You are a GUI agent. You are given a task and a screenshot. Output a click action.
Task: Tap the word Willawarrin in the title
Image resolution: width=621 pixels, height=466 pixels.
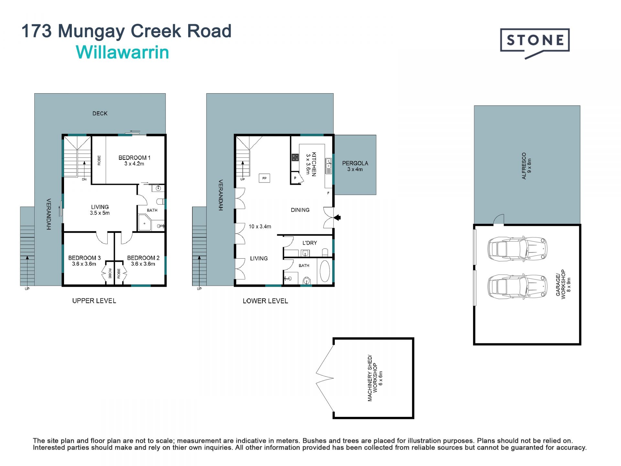coord(123,52)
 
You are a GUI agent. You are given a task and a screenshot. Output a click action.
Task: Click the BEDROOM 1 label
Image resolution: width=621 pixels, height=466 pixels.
coord(134,158)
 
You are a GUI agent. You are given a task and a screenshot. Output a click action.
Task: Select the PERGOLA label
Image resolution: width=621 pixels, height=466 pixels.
coord(355,163)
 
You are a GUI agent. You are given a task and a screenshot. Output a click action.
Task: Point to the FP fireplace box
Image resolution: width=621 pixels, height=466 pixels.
coord(265,178)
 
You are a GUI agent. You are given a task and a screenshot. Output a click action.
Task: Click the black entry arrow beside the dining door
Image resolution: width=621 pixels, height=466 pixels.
coord(337,218)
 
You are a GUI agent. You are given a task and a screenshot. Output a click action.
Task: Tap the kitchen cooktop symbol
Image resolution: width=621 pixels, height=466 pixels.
coord(295,158)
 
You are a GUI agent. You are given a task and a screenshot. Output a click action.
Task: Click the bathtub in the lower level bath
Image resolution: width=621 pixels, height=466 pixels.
coord(325,271)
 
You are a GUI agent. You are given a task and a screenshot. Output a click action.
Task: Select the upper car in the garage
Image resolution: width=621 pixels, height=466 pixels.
coord(517,249)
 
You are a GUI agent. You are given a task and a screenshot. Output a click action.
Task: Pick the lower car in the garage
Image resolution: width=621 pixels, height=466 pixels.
coord(517,286)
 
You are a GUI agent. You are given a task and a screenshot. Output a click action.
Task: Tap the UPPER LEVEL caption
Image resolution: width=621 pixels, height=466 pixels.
coord(94,301)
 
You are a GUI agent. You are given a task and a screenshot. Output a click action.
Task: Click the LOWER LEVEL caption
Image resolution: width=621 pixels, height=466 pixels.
coord(265,301)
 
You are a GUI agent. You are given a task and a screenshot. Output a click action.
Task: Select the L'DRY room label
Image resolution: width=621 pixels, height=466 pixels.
coord(310,243)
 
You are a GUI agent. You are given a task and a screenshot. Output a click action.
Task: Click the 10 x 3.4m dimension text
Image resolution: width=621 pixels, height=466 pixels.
coord(260,227)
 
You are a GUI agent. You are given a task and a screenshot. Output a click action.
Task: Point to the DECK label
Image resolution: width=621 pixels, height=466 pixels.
coord(100,114)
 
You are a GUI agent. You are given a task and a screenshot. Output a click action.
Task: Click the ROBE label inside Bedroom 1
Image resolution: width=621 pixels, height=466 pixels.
coord(99,161)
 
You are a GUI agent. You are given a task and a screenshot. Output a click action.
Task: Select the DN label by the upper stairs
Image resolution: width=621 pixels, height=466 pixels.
coord(84,179)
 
